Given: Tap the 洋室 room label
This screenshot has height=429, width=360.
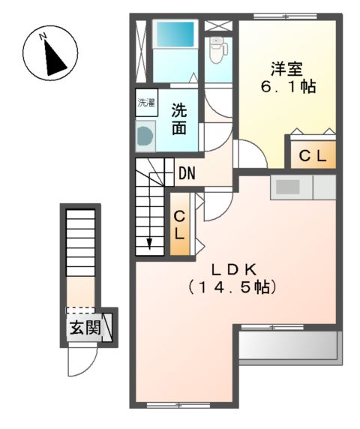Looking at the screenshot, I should [286, 68].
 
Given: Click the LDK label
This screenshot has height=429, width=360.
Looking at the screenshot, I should [233, 268].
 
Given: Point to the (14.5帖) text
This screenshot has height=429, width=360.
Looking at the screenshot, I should [233, 287].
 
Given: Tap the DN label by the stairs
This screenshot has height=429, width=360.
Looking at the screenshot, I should [187, 174].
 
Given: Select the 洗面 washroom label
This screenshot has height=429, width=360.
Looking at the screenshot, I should [178, 118].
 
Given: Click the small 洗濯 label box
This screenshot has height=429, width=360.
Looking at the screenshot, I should [145, 103].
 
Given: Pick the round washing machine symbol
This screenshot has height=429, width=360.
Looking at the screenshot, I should [144, 136].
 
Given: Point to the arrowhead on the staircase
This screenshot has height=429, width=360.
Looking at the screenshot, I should [150, 241].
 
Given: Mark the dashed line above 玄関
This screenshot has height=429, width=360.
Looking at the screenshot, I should [81, 308].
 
